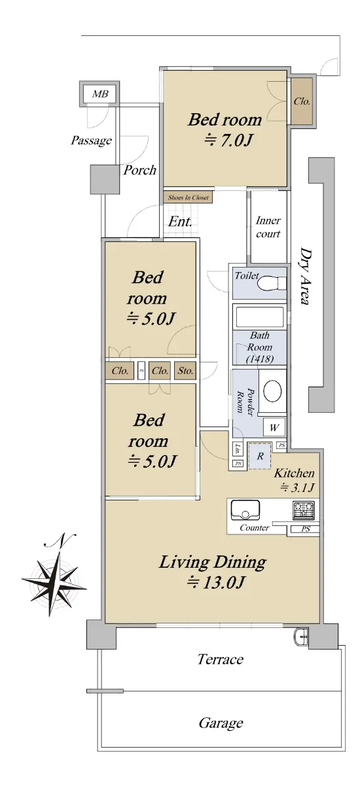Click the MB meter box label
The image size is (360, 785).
coord(100,94)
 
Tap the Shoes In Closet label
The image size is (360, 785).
coord(189,198)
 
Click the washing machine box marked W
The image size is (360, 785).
coord(274,428)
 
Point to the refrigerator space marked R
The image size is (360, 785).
coord(260,456)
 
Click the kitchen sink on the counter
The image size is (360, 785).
coord(245,511)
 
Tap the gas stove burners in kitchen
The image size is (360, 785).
coord(304,511)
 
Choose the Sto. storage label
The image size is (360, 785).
coord(185,371)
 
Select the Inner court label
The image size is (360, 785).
coord(268,227)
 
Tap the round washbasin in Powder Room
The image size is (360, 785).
coord(273,391)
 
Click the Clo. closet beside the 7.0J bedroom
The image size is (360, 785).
coord(302,101)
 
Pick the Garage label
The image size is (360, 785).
coord(221,723)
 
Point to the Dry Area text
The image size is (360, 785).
coord(305,277)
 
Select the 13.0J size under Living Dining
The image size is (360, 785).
coord(215,583)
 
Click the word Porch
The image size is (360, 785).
coord(140,170)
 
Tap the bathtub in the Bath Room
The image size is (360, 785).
coord(260,317)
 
